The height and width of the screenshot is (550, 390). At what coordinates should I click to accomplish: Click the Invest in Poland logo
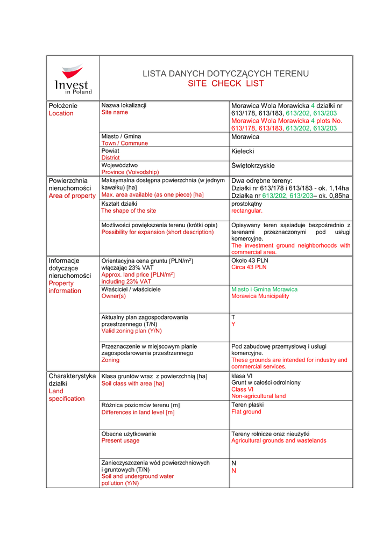[73, 78]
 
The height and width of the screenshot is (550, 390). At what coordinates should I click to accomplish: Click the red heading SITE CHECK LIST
[226, 84]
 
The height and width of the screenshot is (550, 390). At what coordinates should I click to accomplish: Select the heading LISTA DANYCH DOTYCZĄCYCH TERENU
[226, 74]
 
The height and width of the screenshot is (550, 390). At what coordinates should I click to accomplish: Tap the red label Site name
[115, 113]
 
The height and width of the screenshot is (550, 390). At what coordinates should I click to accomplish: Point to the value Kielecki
[243, 152]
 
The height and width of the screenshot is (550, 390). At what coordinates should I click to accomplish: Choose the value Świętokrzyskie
[253, 166]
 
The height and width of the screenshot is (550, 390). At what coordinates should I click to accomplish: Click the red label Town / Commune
[124, 143]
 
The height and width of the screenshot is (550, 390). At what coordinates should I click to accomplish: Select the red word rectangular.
[247, 211]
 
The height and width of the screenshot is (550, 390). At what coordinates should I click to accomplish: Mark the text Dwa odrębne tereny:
[261, 181]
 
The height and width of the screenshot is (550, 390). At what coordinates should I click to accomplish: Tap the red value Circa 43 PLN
[249, 267]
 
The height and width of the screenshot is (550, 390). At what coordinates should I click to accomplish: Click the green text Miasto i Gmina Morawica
[264, 289]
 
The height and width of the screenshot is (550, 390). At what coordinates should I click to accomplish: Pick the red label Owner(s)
[114, 296]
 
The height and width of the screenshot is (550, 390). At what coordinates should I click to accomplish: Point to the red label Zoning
[110, 360]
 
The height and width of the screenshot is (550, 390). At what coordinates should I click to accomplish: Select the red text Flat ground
[246, 412]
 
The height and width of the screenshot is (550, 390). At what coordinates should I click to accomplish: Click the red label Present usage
[120, 440]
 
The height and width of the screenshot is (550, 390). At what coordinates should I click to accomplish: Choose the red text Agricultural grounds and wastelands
[279, 440]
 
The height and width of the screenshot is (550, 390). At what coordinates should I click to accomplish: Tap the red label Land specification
[67, 395]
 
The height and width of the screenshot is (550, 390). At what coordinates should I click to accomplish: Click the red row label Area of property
[72, 196]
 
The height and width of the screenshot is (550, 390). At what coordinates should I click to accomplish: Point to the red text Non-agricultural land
[259, 396]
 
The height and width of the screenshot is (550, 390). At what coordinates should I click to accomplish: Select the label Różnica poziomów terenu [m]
[140, 405]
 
